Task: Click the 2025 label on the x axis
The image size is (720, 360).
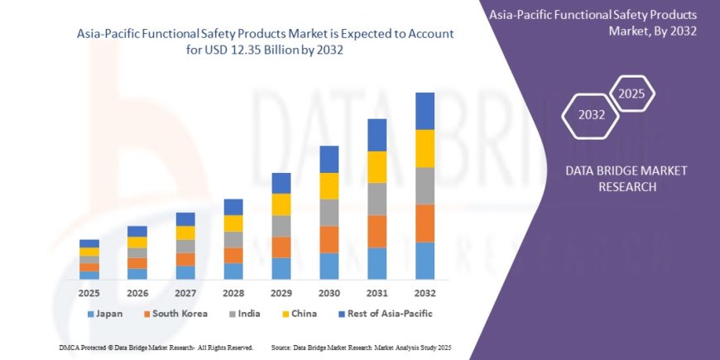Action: pyautogui.click(x=89, y=293)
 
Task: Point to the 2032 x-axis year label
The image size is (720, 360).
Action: pyautogui.click(x=425, y=293)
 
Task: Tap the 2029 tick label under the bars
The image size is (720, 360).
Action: pyautogui.click(x=281, y=293)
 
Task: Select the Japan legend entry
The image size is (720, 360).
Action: pyautogui.click(x=105, y=314)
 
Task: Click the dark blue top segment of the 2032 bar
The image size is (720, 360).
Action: pyautogui.click(x=425, y=111)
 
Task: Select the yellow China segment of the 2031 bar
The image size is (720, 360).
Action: pyautogui.click(x=377, y=167)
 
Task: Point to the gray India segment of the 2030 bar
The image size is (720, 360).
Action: pyautogui.click(x=329, y=213)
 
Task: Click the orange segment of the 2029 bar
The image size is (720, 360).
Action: pyautogui.click(x=281, y=247)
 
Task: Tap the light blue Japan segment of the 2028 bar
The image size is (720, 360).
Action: pyautogui.click(x=233, y=271)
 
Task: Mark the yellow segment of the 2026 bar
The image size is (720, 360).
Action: pyautogui.click(x=137, y=242)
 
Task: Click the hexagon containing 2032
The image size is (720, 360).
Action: pyautogui.click(x=591, y=114)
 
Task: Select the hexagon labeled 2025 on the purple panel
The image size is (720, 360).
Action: pyautogui.click(x=632, y=92)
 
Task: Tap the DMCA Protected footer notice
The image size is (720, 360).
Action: pyautogui.click(x=156, y=348)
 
